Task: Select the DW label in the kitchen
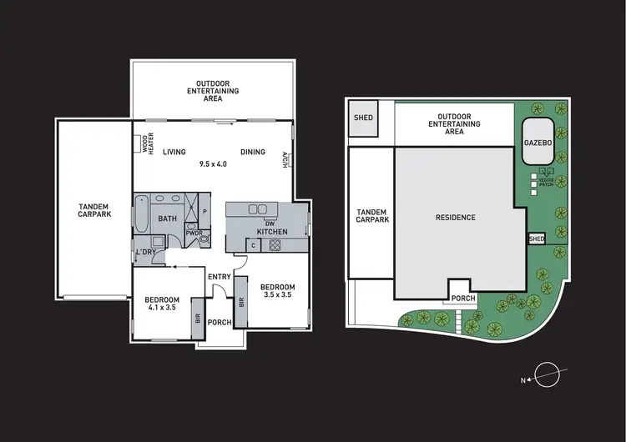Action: [269, 223]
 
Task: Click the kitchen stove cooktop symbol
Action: [274, 244]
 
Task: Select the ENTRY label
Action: [220, 277]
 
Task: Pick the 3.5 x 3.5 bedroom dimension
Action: [278, 295]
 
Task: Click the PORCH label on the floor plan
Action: [220, 322]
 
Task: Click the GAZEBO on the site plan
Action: [538, 143]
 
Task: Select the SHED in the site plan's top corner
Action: [364, 118]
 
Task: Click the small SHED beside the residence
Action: [536, 239]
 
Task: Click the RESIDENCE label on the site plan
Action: [456, 218]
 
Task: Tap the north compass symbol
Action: [548, 375]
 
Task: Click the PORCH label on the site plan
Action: [462, 298]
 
